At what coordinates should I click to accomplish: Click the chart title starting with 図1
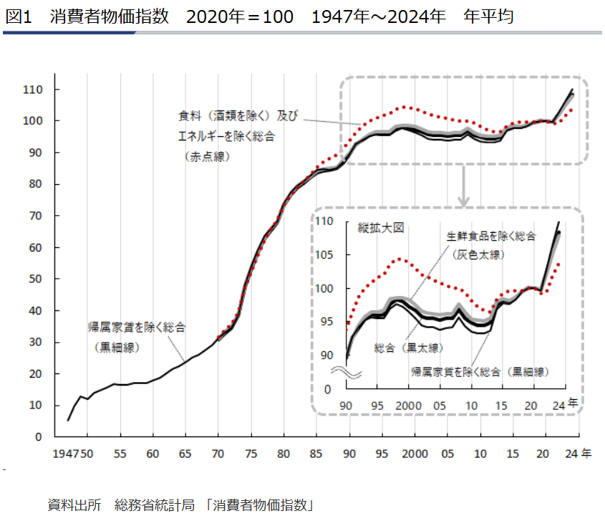pyautogui.click(x=258, y=16)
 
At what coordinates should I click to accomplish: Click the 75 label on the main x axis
pyautogui.click(x=251, y=454)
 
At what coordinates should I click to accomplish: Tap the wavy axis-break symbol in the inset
pyautogui.click(x=347, y=373)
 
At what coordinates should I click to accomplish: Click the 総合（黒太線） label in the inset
pyautogui.click(x=408, y=348)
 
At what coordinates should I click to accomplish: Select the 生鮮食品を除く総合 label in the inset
pyautogui.click(x=491, y=236)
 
